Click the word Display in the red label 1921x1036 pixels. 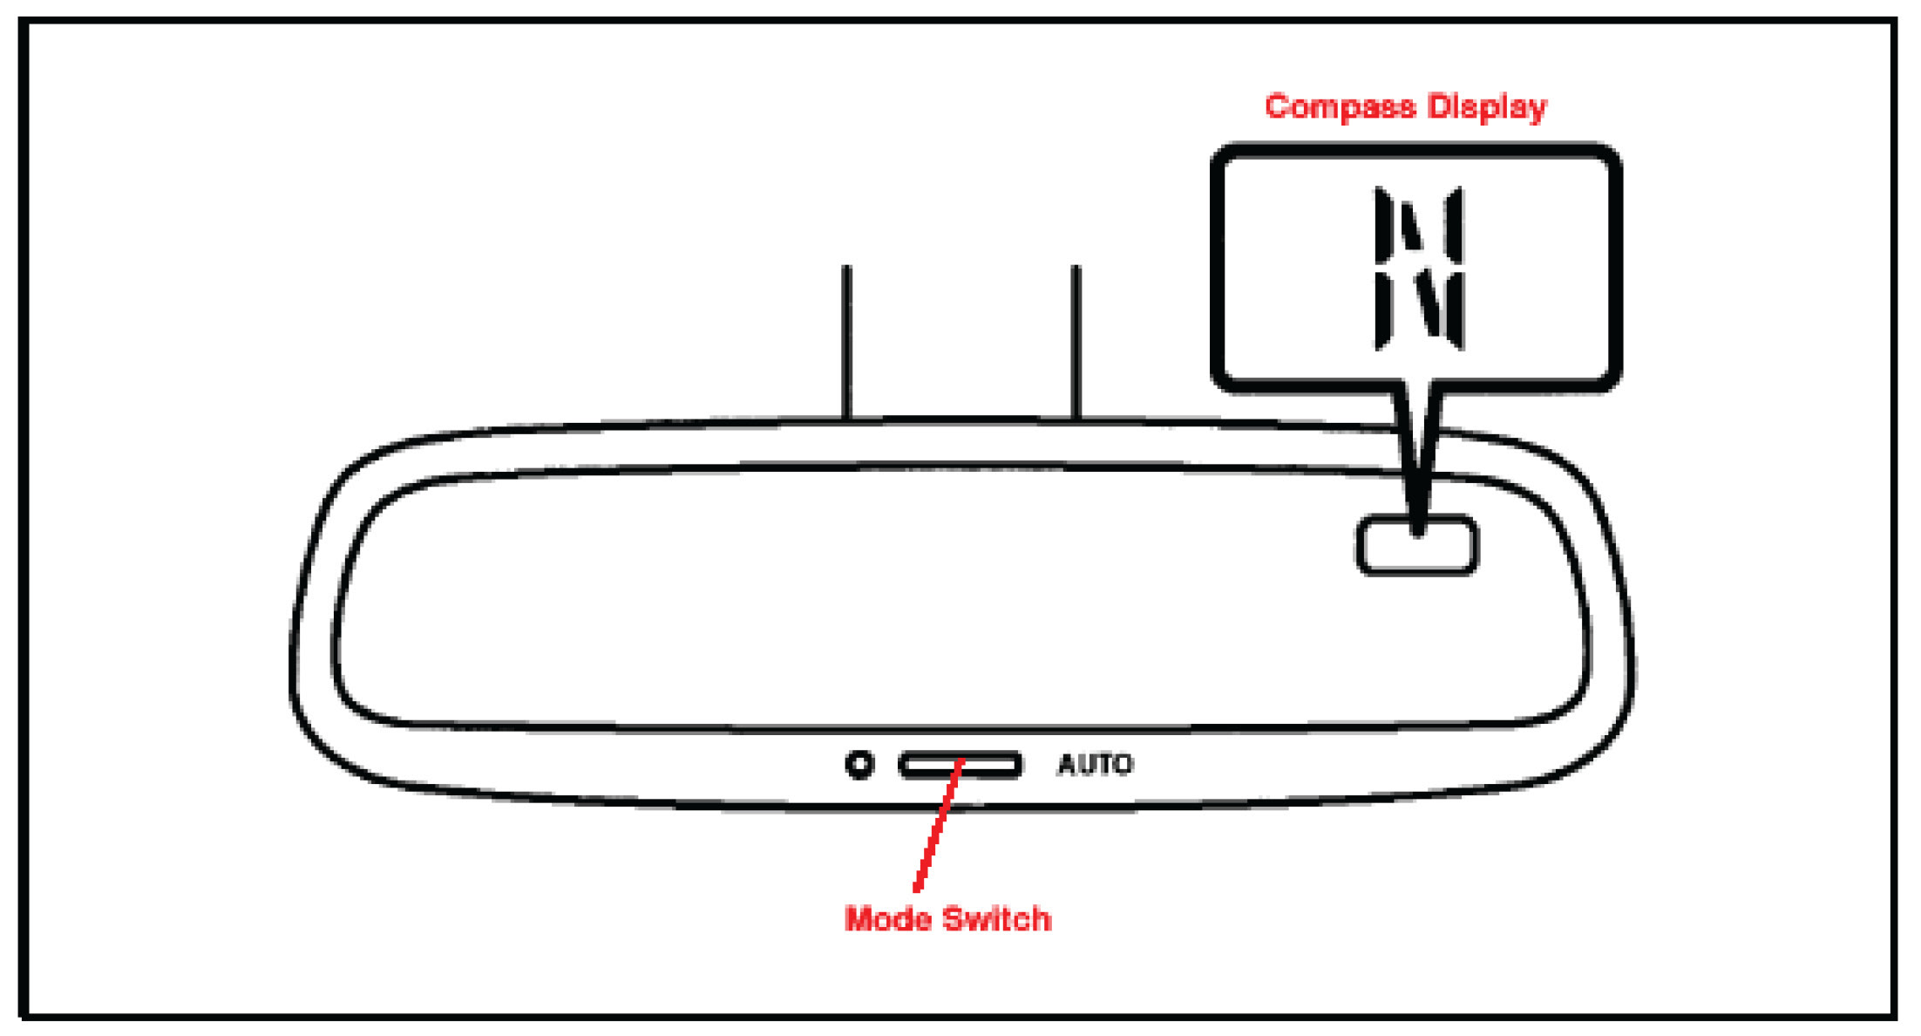coord(1487,106)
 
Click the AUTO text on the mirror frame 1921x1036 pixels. coord(1095,765)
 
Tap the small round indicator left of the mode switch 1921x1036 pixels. coord(859,765)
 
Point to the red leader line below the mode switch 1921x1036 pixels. coord(937,828)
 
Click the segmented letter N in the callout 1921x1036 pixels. coord(1419,268)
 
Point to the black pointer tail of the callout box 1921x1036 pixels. coord(1419,453)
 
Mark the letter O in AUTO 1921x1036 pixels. coord(1122,765)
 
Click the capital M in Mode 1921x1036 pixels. coord(859,919)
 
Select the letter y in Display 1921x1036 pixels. coord(1537,110)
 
